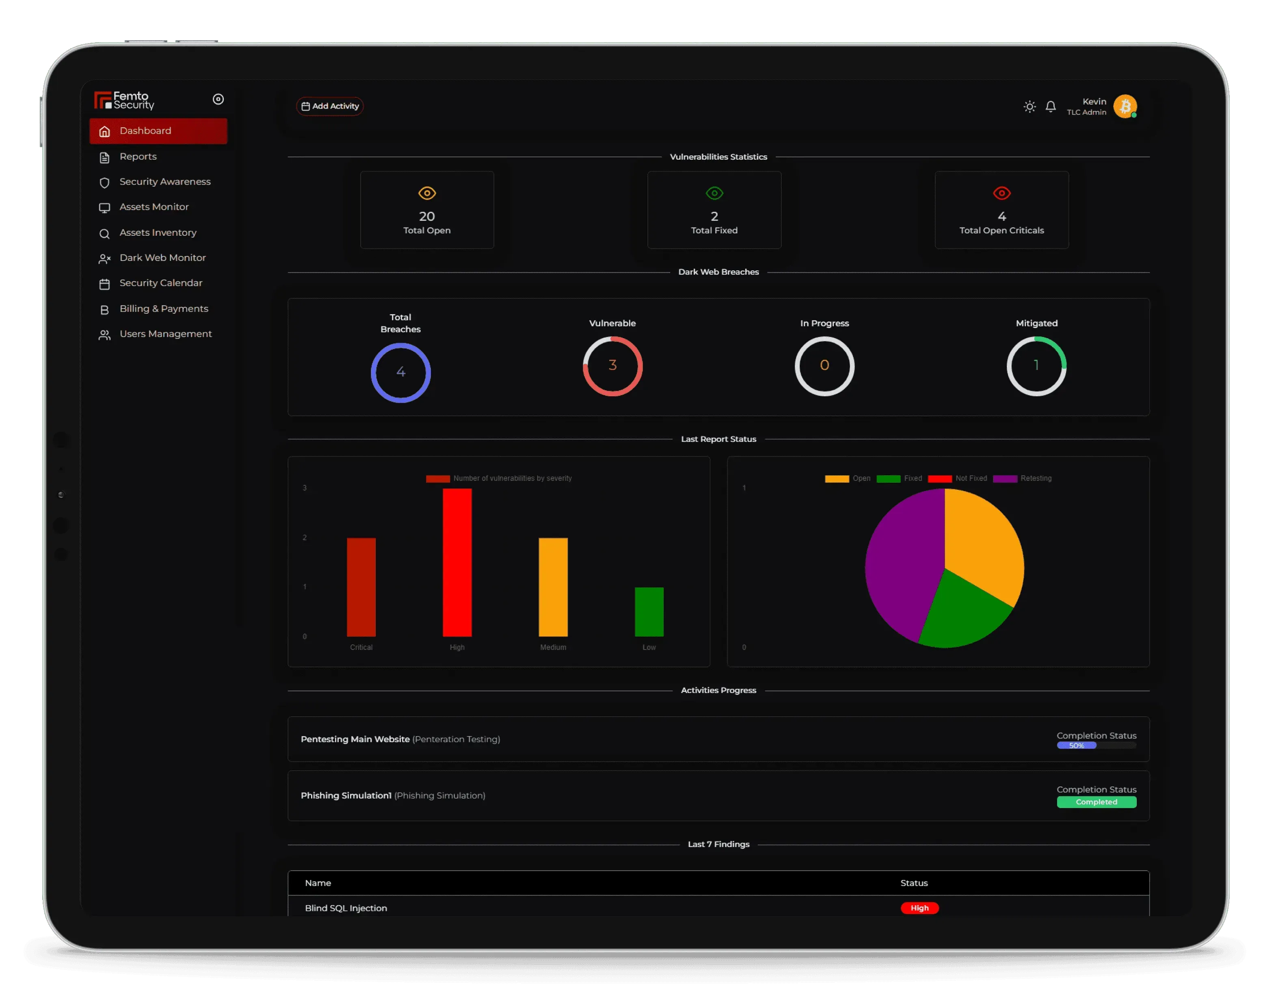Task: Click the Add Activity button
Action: pyautogui.click(x=330, y=106)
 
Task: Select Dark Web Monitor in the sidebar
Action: pyautogui.click(x=162, y=258)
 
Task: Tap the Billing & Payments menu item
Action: pyautogui.click(x=163, y=308)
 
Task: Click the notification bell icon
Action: pyautogui.click(x=1050, y=106)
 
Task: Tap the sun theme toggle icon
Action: pyautogui.click(x=1029, y=106)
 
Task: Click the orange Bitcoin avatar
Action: pyautogui.click(x=1125, y=106)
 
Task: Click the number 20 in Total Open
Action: pyautogui.click(x=427, y=216)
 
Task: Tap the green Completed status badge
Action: pyautogui.click(x=1096, y=802)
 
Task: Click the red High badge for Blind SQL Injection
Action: pyautogui.click(x=919, y=908)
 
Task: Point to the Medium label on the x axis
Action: pyautogui.click(x=553, y=647)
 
